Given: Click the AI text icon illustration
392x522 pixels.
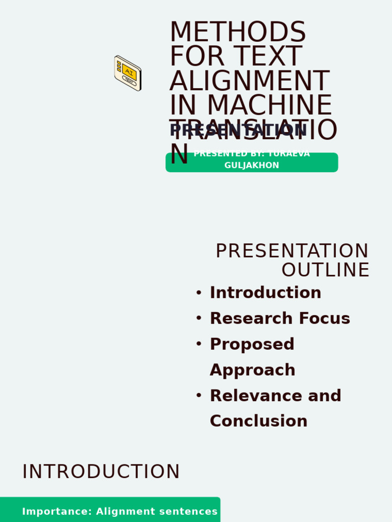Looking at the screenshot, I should pyautogui.click(x=128, y=73).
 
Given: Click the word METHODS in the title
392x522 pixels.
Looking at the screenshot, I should pyautogui.click(x=237, y=32).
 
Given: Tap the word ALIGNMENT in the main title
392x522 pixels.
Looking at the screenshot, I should pyautogui.click(x=249, y=81).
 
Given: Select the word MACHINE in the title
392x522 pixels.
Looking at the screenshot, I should pyautogui.click(x=269, y=106).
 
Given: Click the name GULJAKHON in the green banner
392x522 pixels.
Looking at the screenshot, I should pyautogui.click(x=252, y=165).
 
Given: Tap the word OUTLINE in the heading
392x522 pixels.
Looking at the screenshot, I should pyautogui.click(x=325, y=270).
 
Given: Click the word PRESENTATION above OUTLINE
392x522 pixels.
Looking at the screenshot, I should pyautogui.click(x=292, y=251).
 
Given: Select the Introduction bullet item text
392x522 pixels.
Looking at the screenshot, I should pyautogui.click(x=265, y=293).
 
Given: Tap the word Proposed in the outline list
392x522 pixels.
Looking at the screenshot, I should pyautogui.click(x=252, y=344).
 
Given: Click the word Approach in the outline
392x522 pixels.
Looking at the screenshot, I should pyautogui.click(x=253, y=370).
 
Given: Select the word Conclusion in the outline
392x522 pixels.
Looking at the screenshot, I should pyautogui.click(x=259, y=421).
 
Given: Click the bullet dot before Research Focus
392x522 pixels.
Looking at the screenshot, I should pyautogui.click(x=199, y=318).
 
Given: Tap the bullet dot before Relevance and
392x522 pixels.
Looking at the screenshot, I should pyautogui.click(x=199, y=396).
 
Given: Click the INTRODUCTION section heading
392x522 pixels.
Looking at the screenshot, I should pyautogui.click(x=101, y=472).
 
